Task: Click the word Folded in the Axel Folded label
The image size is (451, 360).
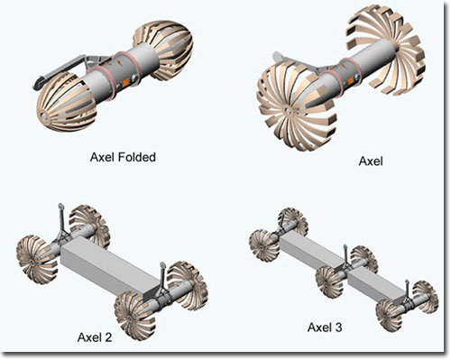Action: point(136,157)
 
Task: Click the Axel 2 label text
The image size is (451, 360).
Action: point(95,337)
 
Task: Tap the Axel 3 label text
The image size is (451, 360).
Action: point(325,328)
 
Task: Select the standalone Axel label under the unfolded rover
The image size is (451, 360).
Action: point(371,162)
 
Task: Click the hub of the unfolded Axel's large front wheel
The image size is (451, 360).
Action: point(288,111)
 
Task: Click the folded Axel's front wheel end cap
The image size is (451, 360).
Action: point(44,115)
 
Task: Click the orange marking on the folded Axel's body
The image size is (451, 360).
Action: point(125,82)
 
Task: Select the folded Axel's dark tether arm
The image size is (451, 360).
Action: point(61,69)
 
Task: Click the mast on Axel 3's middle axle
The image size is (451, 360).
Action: point(346,254)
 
